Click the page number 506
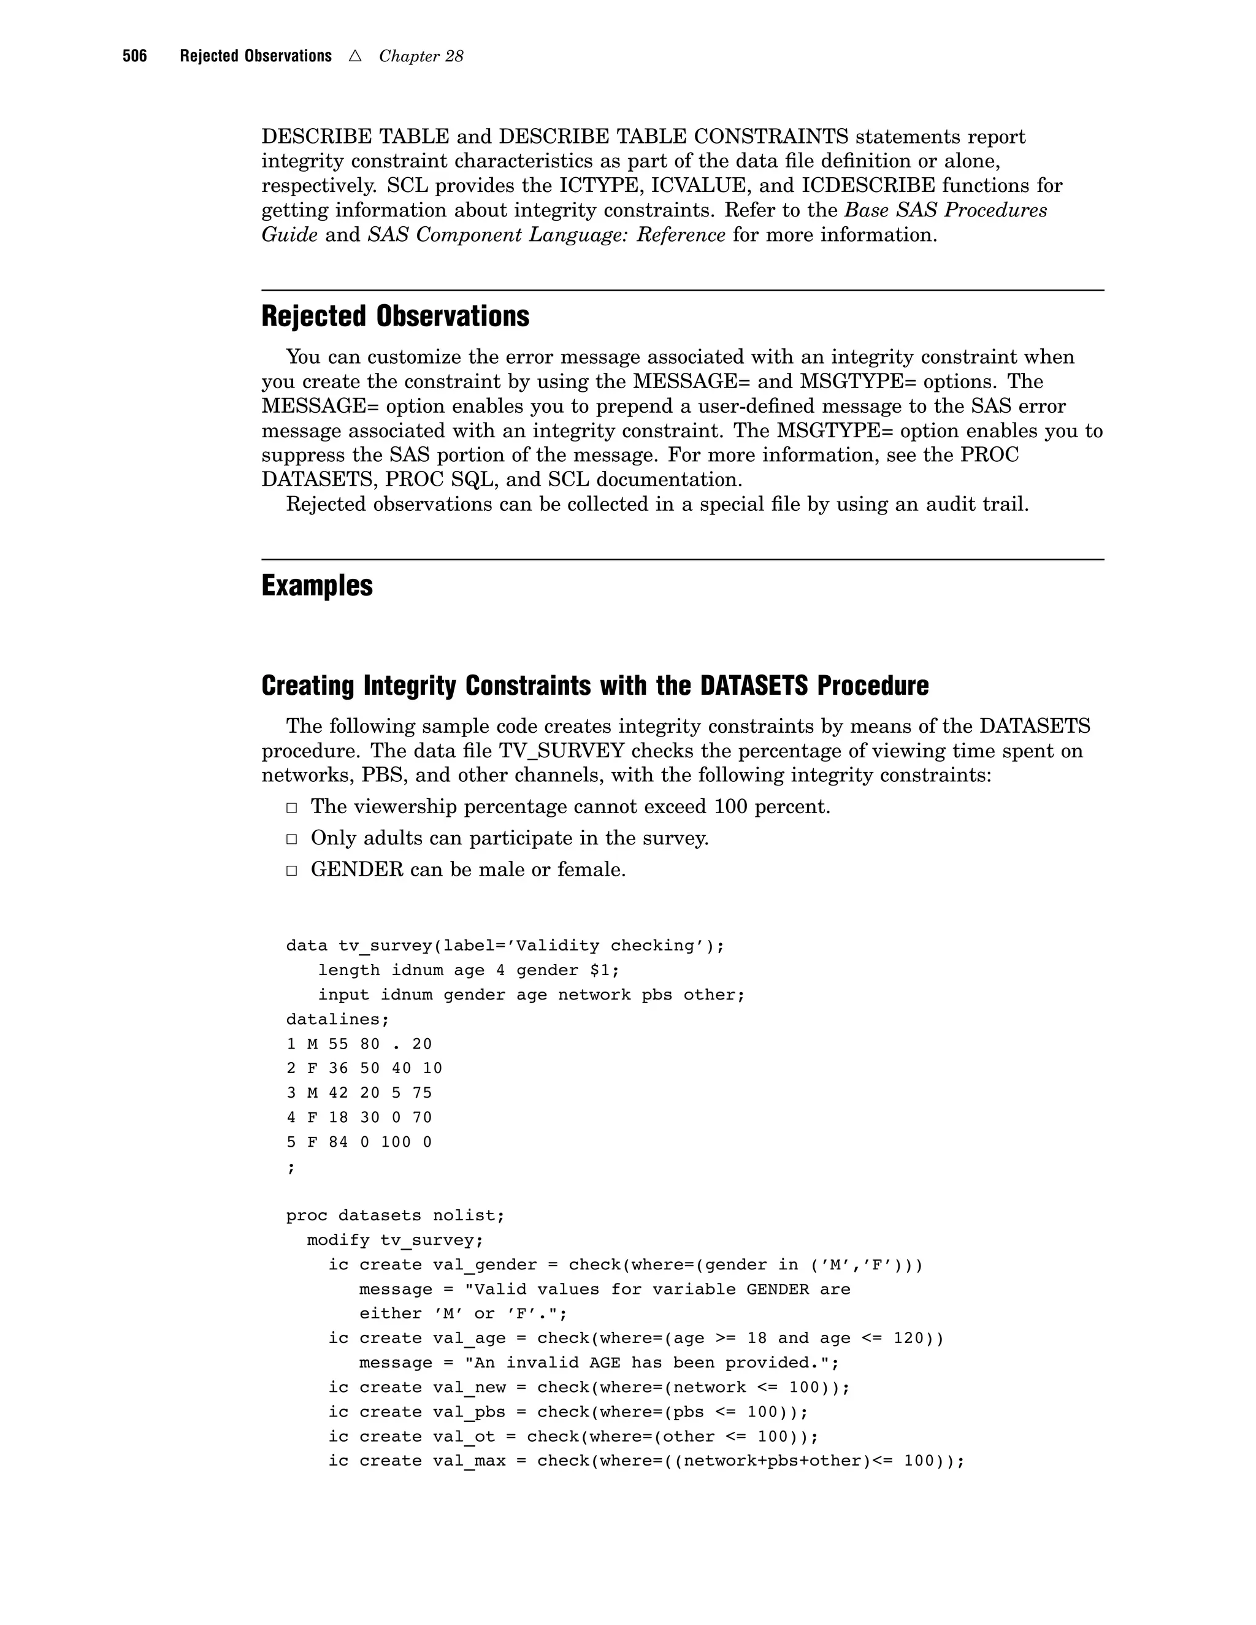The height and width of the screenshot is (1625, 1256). (x=135, y=56)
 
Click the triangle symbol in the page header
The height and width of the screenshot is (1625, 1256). (x=355, y=56)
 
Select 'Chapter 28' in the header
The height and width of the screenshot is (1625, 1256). (x=421, y=56)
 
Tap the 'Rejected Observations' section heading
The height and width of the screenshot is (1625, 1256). (x=395, y=316)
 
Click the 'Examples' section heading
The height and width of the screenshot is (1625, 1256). (x=317, y=586)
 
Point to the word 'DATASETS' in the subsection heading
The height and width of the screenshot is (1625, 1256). (x=754, y=686)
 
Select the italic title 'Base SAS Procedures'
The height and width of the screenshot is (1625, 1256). (x=945, y=210)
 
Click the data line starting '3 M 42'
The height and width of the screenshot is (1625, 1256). (x=359, y=1093)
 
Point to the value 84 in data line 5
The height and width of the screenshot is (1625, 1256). (x=338, y=1142)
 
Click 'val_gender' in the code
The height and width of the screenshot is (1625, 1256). (x=484, y=1265)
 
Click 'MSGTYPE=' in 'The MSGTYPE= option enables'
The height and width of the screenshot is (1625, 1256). (x=827, y=431)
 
